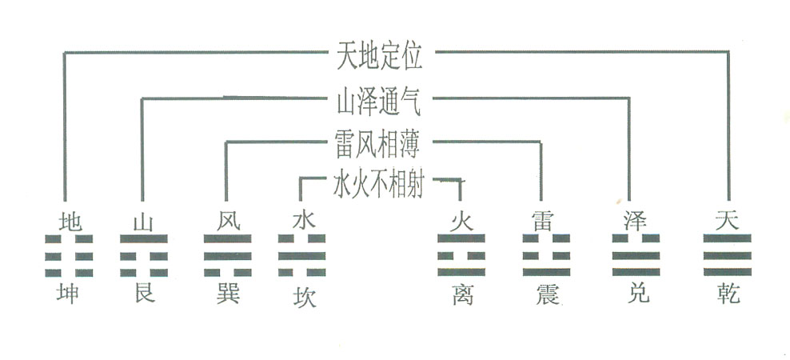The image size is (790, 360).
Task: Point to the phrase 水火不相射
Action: coord(378,185)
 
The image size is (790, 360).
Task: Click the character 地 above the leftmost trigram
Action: coord(70,222)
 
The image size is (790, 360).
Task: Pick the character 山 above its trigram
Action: coord(143,222)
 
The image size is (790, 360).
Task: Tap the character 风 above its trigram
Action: coord(228,222)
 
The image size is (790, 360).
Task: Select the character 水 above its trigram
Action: coord(303,222)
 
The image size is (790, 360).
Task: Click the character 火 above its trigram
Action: coord(461,222)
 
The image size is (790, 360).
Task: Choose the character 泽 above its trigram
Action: coord(635,222)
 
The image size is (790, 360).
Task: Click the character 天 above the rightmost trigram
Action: coord(727,222)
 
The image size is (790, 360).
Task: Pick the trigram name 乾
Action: coord(728,294)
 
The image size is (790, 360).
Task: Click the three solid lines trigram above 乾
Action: coord(727,255)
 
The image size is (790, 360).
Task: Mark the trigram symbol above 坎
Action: coord(302,255)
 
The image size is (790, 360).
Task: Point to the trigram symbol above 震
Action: coord(546,255)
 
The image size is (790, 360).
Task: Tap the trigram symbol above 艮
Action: coord(144,255)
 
